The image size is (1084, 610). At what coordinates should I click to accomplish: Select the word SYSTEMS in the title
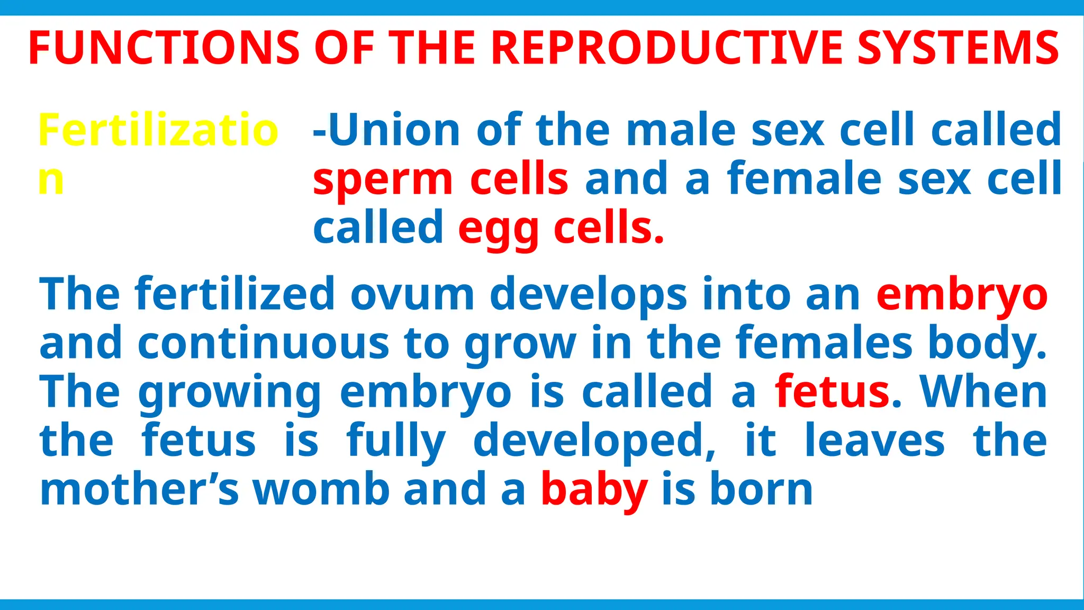click(958, 48)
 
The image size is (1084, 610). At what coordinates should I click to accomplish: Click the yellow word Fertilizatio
click(158, 130)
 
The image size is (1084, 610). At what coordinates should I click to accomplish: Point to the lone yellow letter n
click(51, 180)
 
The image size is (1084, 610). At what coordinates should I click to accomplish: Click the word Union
click(394, 130)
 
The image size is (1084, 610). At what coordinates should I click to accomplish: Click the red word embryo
click(961, 294)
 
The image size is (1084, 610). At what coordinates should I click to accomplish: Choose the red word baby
click(594, 490)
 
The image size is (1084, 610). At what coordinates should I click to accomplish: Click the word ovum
click(412, 294)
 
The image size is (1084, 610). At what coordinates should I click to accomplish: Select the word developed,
click(594, 441)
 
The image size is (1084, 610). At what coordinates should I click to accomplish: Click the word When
click(983, 392)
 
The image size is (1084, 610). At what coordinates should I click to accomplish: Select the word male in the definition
click(680, 130)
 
